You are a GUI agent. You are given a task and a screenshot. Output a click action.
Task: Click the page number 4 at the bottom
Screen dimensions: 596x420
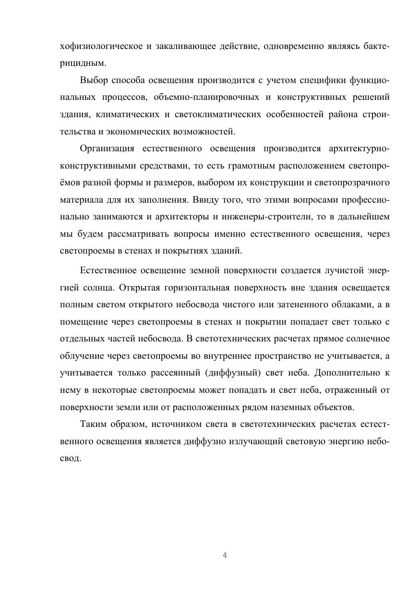[225, 556]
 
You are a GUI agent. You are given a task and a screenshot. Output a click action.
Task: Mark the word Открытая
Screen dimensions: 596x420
[139, 288]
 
